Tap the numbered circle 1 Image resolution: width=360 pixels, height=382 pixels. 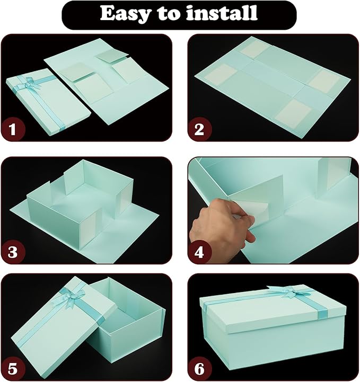(15, 129)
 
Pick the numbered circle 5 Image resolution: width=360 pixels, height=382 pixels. (15, 367)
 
